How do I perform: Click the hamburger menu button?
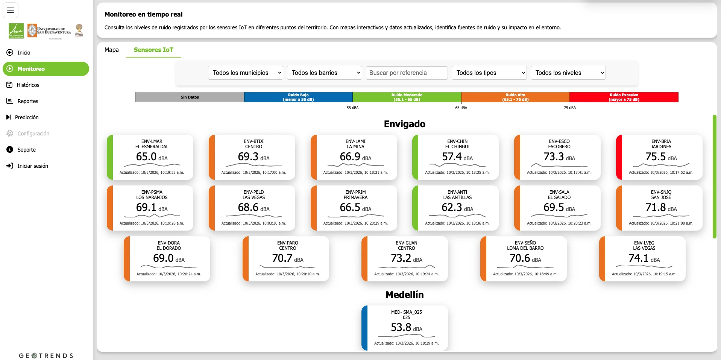click(11, 10)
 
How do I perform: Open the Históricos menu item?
click(28, 85)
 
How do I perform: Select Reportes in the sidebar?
click(27, 101)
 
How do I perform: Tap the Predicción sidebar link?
click(26, 117)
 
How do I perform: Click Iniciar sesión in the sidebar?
click(32, 166)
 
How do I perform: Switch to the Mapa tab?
click(111, 50)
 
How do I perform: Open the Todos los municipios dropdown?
click(245, 73)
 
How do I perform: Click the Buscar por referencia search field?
click(407, 73)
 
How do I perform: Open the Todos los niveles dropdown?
click(568, 73)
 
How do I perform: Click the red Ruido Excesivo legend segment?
click(624, 97)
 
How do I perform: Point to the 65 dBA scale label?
click(461, 108)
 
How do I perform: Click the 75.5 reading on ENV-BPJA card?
click(656, 156)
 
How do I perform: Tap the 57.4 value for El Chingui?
click(452, 156)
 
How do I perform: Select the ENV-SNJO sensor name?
click(661, 192)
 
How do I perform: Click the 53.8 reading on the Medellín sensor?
click(401, 327)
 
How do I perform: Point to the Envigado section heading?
click(404, 124)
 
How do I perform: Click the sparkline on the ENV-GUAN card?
click(406, 266)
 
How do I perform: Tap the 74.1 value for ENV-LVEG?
click(638, 258)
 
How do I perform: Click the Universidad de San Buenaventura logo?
click(49, 30)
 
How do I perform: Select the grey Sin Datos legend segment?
click(190, 97)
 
